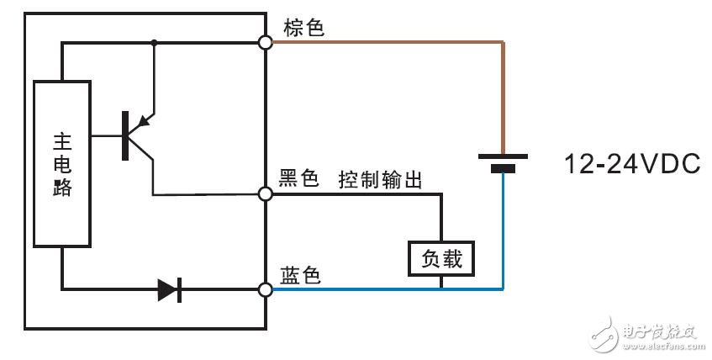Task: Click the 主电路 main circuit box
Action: (61, 163)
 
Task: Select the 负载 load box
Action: (440, 258)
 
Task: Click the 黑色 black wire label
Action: (299, 179)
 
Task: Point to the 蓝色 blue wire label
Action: (299, 275)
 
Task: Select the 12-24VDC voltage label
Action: (633, 164)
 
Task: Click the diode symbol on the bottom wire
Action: (170, 291)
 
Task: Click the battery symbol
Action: (503, 162)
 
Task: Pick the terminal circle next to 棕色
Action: (266, 41)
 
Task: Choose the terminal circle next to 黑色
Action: (266, 194)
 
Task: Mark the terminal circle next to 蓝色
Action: (266, 290)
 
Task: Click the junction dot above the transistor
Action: (154, 41)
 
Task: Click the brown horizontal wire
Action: (387, 41)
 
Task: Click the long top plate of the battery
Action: (503, 156)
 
